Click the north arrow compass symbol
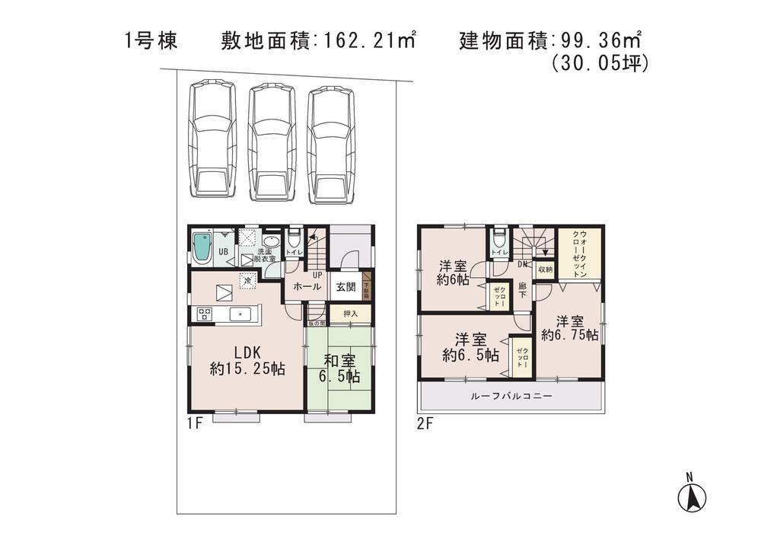690,496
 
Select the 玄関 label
345,287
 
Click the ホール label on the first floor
307,287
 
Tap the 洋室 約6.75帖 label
569,328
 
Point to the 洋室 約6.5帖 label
470,348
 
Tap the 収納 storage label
544,269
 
